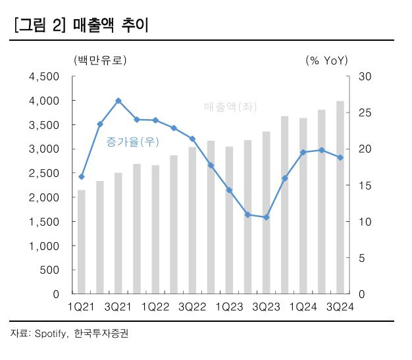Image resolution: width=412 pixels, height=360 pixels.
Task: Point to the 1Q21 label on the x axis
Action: [82, 307]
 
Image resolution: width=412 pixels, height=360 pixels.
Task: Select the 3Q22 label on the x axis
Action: [192, 307]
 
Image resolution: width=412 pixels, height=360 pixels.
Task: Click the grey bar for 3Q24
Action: [340, 197]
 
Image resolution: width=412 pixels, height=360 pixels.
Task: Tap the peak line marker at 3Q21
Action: [118, 101]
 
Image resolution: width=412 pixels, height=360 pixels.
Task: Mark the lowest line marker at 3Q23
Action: [266, 217]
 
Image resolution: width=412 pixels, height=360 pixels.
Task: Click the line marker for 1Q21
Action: [82, 176]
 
